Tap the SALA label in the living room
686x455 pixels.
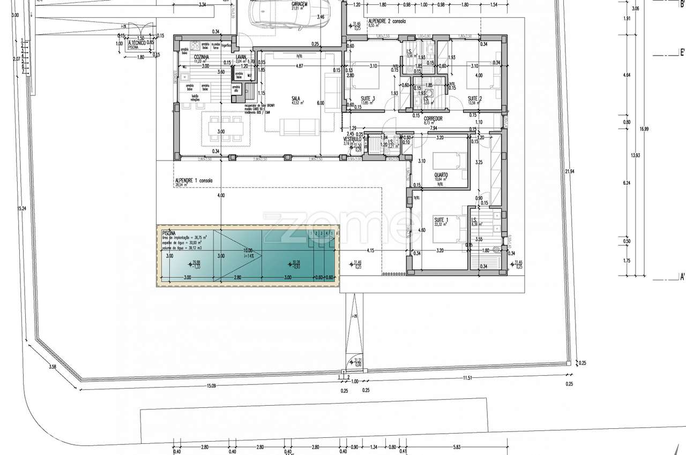(295, 98)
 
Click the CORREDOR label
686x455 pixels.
(433, 118)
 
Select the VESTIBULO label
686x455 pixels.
(353, 139)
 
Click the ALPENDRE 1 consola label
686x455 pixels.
(193, 181)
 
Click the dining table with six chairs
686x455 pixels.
(226, 129)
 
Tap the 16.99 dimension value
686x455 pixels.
(643, 128)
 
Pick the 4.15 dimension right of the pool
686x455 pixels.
(370, 250)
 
